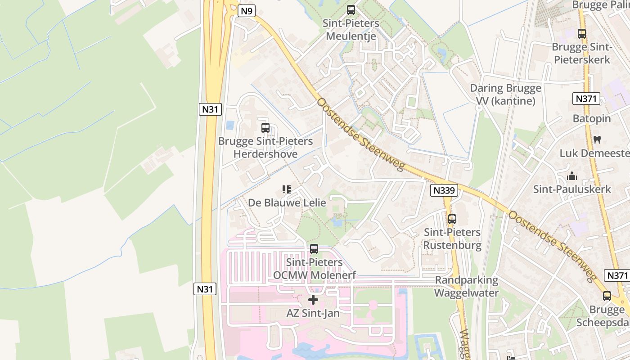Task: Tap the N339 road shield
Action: tap(444, 190)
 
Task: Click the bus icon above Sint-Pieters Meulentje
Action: tap(351, 9)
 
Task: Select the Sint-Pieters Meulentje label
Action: tap(351, 30)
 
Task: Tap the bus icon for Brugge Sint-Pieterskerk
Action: tap(582, 33)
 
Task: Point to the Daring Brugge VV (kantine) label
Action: tap(505, 94)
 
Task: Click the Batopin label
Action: tap(592, 119)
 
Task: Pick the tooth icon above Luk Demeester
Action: tap(597, 139)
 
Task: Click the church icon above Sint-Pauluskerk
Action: tap(572, 176)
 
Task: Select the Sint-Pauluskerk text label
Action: tap(572, 189)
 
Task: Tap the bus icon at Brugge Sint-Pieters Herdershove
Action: tap(265, 128)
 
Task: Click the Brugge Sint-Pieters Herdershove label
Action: tap(265, 148)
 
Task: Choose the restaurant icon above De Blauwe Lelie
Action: tap(287, 189)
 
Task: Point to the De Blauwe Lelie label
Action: tap(287, 202)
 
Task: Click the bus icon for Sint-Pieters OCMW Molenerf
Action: tap(314, 248)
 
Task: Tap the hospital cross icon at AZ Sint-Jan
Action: tap(313, 299)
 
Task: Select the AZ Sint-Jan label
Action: tap(313, 313)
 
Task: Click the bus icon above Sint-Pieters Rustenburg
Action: tap(452, 219)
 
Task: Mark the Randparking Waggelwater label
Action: tap(467, 287)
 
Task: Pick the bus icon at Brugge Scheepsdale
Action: tap(607, 296)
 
